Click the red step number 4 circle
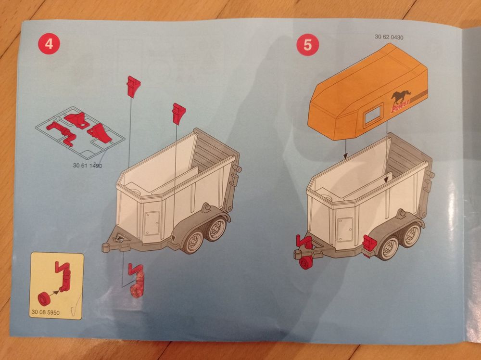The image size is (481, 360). point(49,44)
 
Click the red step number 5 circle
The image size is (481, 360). point(307,45)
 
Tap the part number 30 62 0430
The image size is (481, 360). point(389,37)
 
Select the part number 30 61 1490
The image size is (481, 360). point(88,166)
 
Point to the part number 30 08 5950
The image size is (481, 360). point(45,312)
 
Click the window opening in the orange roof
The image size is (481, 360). point(373,116)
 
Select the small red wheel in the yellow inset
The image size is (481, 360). point(44,299)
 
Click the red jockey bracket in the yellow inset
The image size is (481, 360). point(64,276)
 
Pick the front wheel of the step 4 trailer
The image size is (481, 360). point(193,241)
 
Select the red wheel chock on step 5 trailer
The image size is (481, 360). point(369,243)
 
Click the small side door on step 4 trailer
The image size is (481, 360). point(152,223)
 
